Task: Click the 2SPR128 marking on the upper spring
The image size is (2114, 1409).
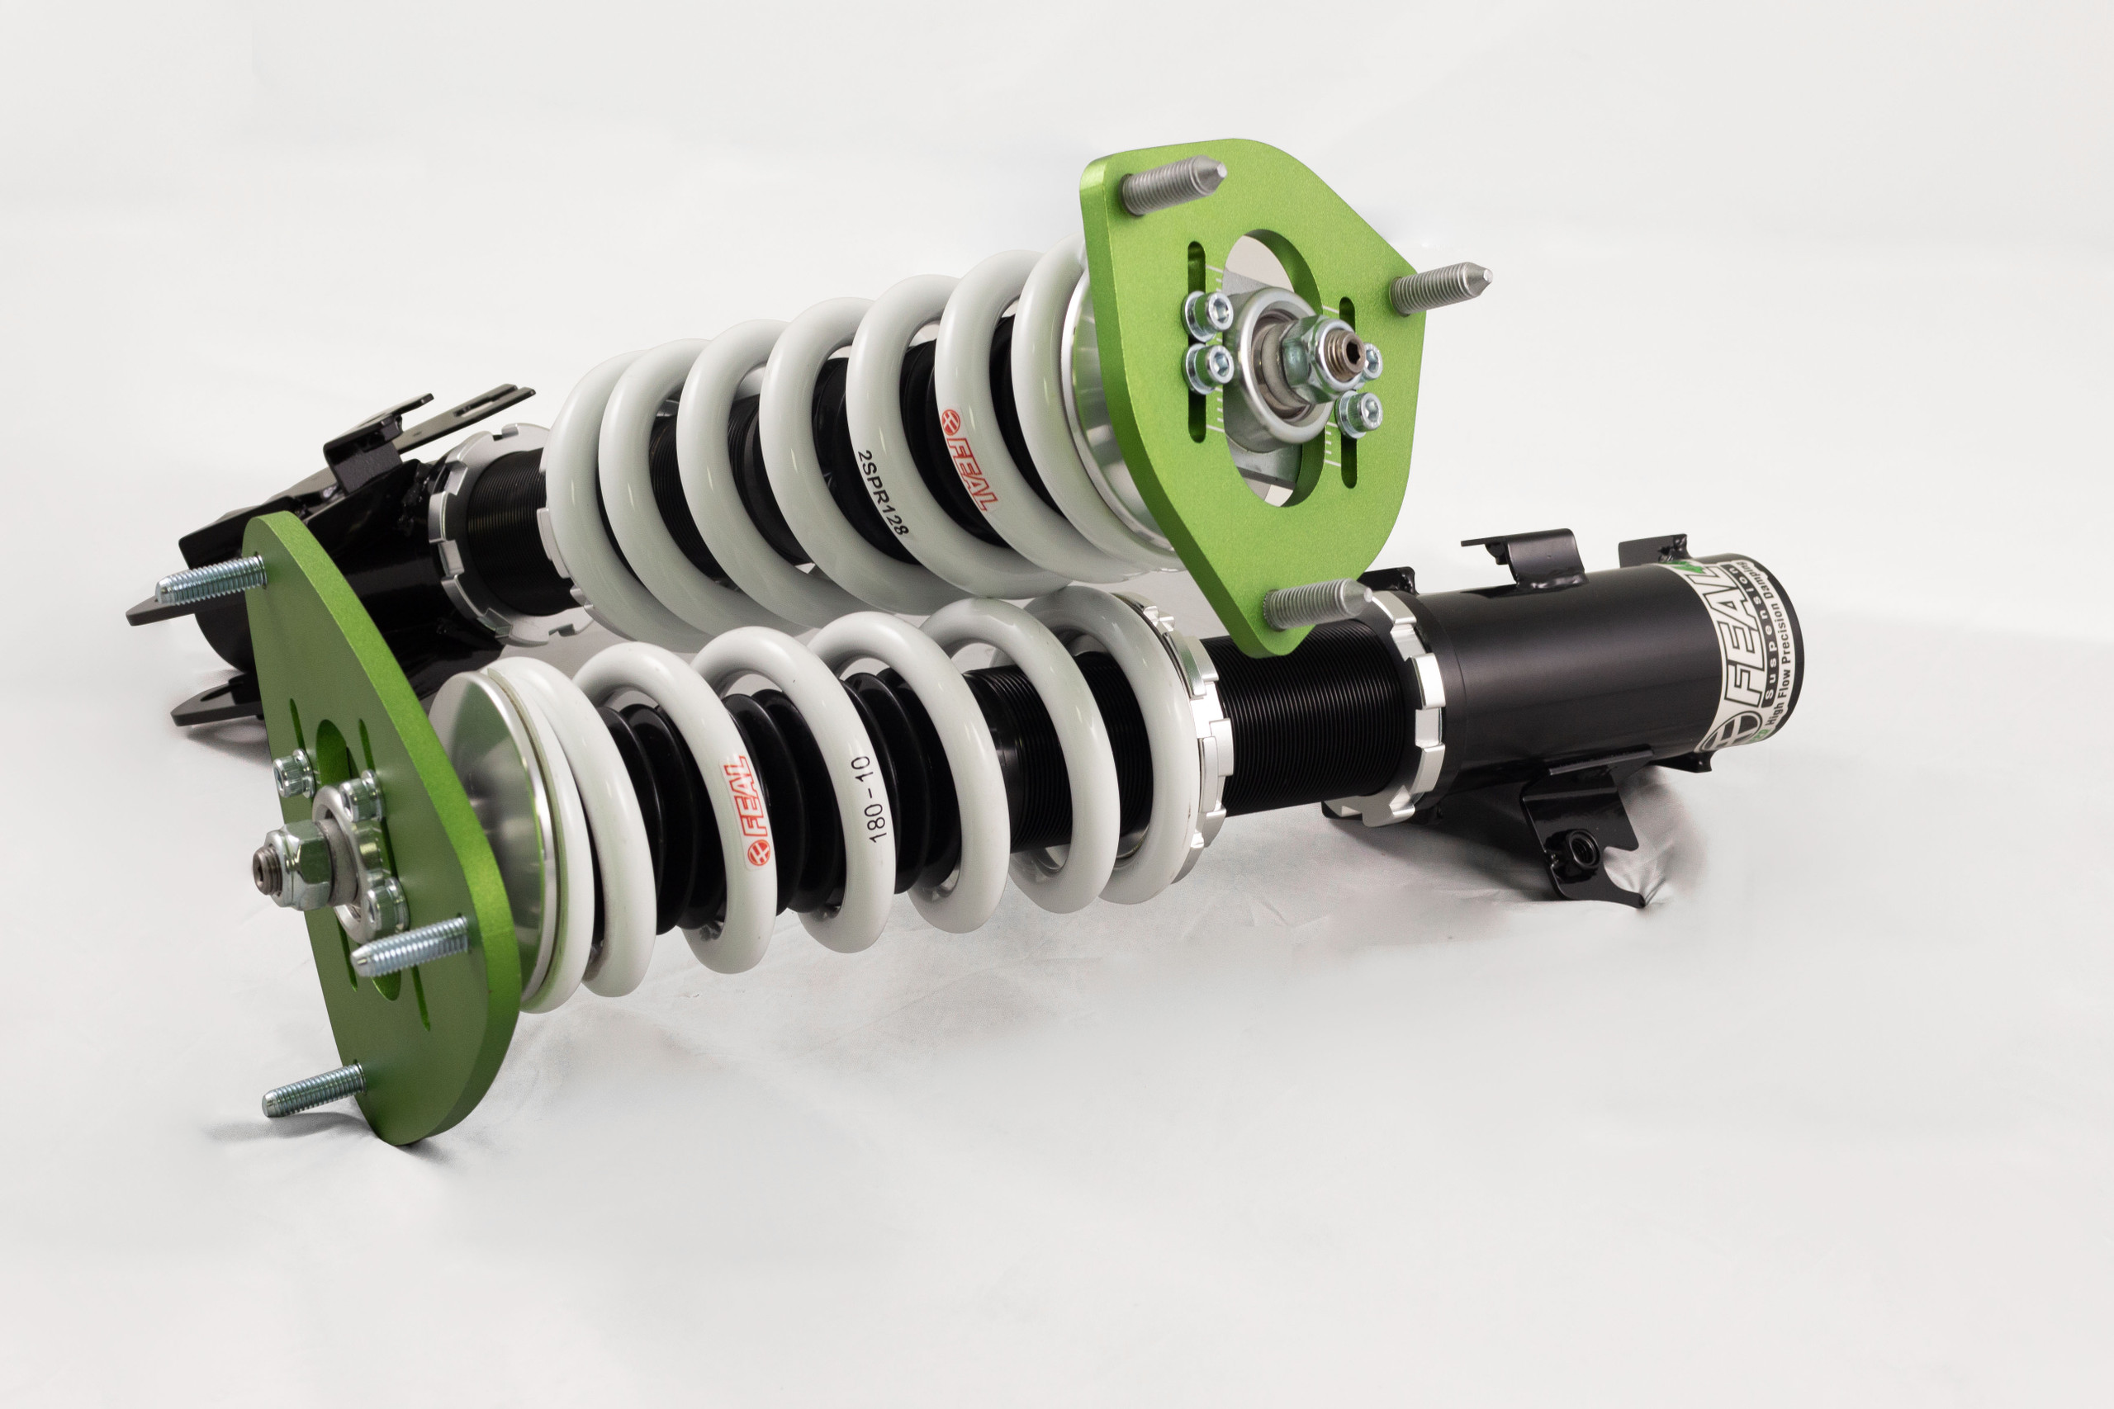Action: (883, 493)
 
